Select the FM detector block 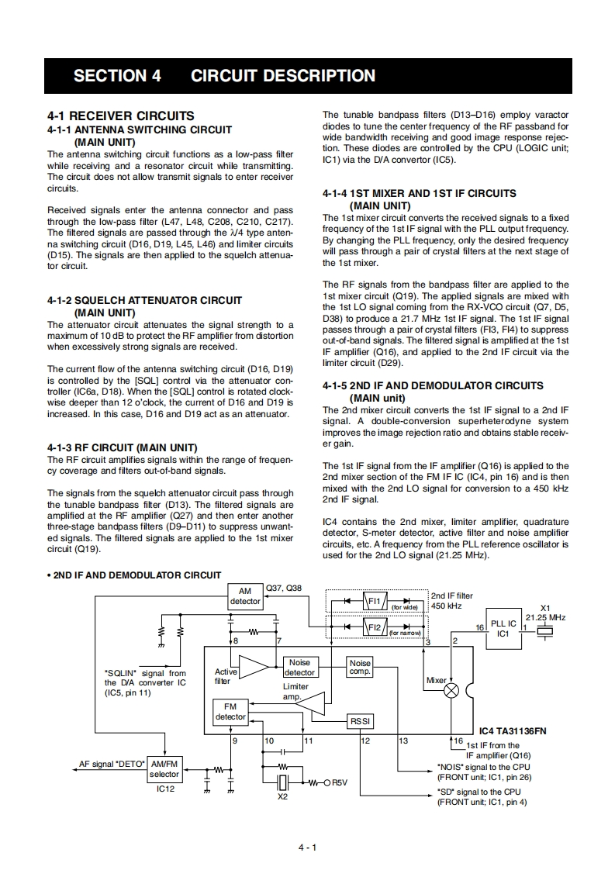(230, 712)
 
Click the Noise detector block (299, 668)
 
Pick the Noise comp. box (360, 668)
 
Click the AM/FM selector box (164, 769)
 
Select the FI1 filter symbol (375, 601)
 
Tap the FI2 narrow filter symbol (375, 627)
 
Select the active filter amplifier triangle (254, 667)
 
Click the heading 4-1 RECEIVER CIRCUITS (121, 116)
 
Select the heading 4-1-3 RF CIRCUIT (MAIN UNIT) (122, 448)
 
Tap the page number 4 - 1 (307, 847)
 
